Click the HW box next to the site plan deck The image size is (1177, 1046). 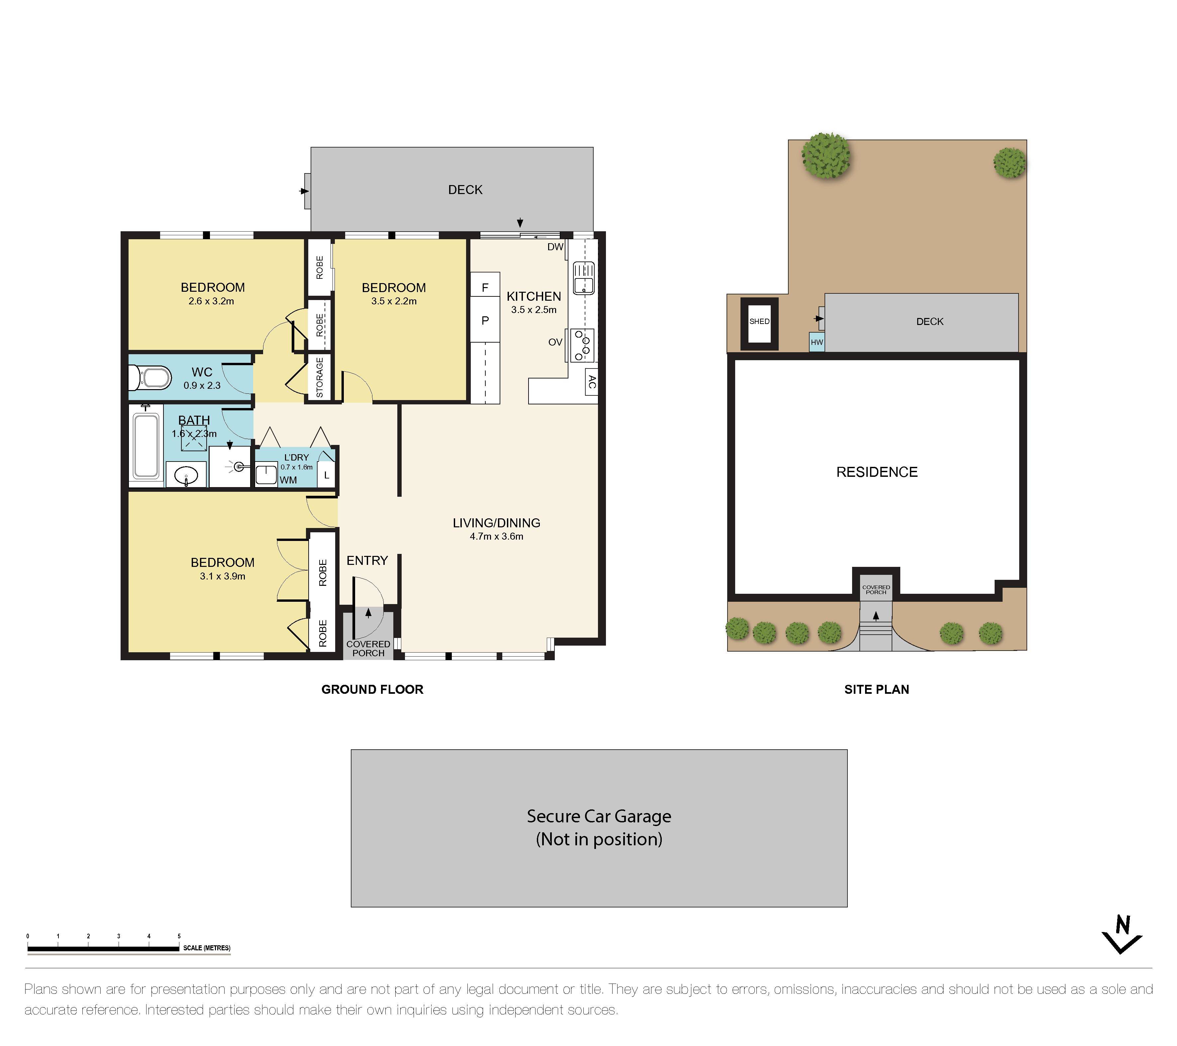tap(817, 342)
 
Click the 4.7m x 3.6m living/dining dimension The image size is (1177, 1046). tap(496, 536)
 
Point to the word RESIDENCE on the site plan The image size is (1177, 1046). tap(876, 472)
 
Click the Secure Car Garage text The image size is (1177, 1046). tap(599, 817)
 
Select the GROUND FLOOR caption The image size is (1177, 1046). tap(372, 689)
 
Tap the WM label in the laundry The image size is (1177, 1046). tap(288, 480)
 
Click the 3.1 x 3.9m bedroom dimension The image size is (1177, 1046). tap(222, 576)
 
